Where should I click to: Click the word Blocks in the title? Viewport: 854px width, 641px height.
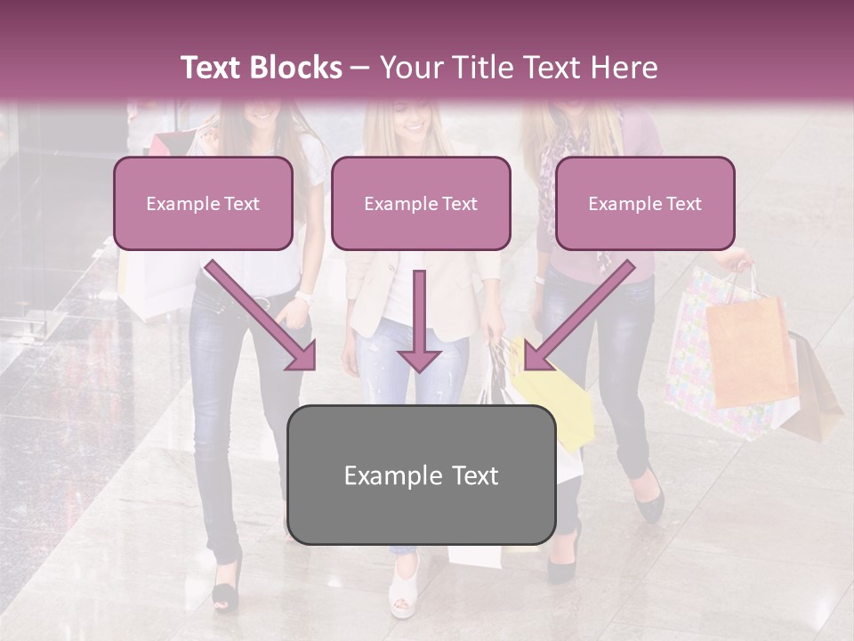[296, 68]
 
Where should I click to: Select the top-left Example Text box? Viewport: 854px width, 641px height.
[203, 204]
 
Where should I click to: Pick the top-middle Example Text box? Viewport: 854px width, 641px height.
[421, 204]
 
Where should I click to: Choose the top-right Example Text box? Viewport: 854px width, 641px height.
[645, 204]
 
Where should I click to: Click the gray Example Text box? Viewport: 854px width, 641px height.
[421, 475]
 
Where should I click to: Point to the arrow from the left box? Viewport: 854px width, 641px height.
[263, 315]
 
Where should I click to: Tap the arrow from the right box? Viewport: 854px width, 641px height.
[578, 315]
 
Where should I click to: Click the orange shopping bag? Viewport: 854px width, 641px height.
[750, 352]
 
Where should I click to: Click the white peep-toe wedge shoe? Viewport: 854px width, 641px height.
[405, 592]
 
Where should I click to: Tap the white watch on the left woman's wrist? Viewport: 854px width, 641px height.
[304, 296]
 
